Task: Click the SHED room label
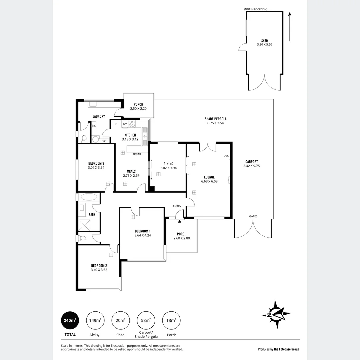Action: [x=264, y=41]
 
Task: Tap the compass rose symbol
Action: [x=276, y=314]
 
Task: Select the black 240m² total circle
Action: [x=70, y=320]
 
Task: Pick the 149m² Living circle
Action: [x=95, y=320]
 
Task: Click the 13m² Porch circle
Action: [x=171, y=320]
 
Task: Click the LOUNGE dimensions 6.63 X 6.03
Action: [x=209, y=182]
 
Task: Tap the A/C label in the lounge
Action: [x=226, y=156]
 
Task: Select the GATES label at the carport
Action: [x=253, y=216]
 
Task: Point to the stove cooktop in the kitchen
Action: [x=132, y=124]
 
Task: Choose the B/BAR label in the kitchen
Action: [x=137, y=154]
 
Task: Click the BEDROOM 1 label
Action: [x=143, y=231]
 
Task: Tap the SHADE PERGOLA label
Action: [x=215, y=119]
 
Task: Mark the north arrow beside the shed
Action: [x=290, y=27]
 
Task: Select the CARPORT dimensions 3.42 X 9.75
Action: [x=251, y=166]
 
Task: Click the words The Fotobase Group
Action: [x=286, y=349]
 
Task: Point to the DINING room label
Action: [x=168, y=164]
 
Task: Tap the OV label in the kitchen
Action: [x=125, y=124]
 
